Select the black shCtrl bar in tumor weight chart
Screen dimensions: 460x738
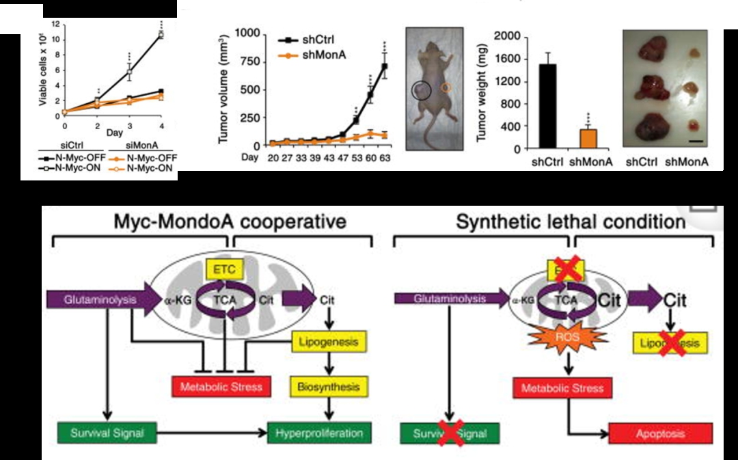point(546,106)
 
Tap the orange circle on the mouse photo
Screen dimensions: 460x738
point(446,87)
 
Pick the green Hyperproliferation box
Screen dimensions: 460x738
point(320,433)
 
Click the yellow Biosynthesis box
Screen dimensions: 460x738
point(329,387)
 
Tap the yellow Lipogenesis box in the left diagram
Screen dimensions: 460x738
point(329,340)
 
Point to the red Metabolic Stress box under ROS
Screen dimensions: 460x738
point(562,388)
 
